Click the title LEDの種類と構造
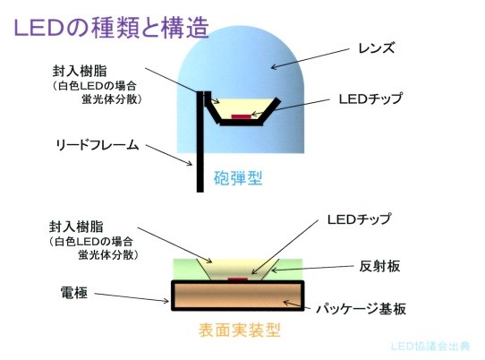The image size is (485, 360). [x=111, y=28]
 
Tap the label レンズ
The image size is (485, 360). [x=377, y=48]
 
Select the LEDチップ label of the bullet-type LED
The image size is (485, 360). [x=370, y=99]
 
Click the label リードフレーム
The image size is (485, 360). [x=98, y=145]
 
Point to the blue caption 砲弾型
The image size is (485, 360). [x=238, y=178]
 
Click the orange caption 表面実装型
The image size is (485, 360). [x=240, y=330]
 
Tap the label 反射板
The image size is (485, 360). [x=379, y=266]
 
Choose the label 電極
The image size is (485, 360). [x=74, y=292]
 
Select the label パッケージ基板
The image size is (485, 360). [x=361, y=309]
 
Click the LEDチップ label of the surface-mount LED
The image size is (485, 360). [x=359, y=219]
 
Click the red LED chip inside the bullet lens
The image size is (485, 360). [x=242, y=116]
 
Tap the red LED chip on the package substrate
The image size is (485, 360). [x=237, y=279]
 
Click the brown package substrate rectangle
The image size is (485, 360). [x=237, y=296]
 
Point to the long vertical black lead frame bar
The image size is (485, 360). [x=200, y=141]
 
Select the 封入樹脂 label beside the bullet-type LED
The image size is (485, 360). [x=80, y=72]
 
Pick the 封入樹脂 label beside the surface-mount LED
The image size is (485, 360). [x=76, y=227]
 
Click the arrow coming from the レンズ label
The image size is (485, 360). [x=311, y=57]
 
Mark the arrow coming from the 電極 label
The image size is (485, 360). [x=132, y=297]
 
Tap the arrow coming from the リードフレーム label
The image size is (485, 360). [x=169, y=155]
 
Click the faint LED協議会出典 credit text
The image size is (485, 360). [x=430, y=346]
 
